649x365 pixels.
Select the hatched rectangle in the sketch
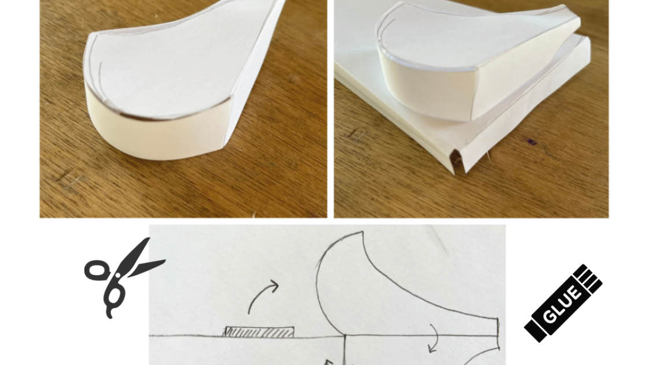(259, 331)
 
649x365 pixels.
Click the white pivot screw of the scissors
(118, 275)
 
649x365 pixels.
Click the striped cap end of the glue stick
(588, 278)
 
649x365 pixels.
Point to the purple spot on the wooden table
(532, 142)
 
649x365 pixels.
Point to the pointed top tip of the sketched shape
(363, 231)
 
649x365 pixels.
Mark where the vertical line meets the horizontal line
(345, 336)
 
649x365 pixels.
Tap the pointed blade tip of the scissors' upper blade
(149, 238)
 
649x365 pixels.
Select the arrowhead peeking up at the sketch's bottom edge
(328, 362)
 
